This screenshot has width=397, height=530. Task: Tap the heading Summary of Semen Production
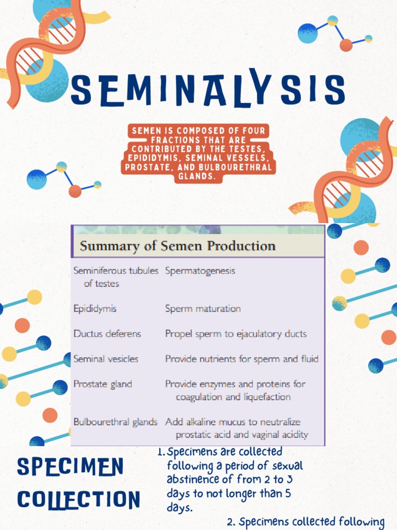coord(177,245)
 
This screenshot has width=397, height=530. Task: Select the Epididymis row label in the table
coord(95,308)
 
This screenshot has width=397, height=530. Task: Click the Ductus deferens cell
coord(107,334)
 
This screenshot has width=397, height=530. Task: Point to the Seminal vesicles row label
coord(106,359)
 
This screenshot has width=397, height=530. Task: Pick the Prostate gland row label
coord(102,384)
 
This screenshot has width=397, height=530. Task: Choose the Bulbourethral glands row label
coord(115,422)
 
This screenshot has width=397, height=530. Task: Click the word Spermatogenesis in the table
coord(200,271)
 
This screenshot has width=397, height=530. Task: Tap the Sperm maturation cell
coord(203,308)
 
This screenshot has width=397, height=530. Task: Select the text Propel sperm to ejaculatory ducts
coord(236,334)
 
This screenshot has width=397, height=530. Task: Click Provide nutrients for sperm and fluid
coord(241,359)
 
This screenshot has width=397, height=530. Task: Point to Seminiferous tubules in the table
coord(116,271)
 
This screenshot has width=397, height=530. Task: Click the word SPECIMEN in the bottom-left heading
coord(70,467)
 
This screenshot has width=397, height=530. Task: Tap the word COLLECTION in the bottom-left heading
coord(78,500)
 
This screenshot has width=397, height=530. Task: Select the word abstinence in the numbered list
coord(191,480)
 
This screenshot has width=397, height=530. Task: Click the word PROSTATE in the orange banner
coord(147,168)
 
